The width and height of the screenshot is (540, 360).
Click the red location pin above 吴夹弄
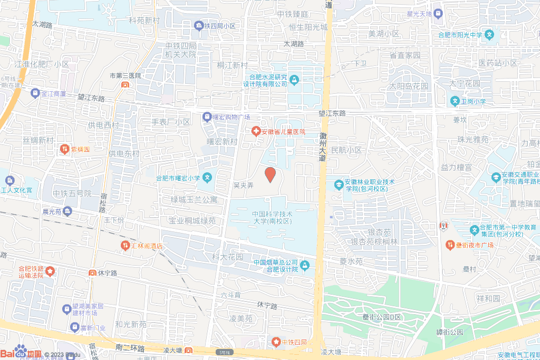click(270, 174)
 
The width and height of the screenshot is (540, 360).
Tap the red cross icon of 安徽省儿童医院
click(256, 131)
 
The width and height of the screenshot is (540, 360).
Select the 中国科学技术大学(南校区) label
click(272, 218)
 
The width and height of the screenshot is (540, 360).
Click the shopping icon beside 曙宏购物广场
click(207, 116)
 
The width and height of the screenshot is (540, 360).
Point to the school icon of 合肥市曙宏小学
click(208, 178)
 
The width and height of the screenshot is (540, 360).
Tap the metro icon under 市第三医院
click(125, 84)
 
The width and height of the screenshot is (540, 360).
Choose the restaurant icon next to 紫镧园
click(64, 149)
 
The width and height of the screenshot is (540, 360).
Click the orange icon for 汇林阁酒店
click(126, 245)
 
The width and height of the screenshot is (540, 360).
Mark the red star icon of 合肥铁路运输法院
click(50, 271)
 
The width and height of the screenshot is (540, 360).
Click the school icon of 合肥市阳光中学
click(490, 35)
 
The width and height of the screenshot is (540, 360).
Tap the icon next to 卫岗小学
click(455, 101)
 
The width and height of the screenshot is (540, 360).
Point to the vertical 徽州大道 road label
click(323, 146)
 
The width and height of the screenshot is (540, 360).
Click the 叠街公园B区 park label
click(381, 317)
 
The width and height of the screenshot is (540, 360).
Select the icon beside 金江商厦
click(35, 93)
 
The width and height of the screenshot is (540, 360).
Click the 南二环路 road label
click(129, 348)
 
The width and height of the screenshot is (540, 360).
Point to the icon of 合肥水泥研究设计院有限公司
click(294, 80)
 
